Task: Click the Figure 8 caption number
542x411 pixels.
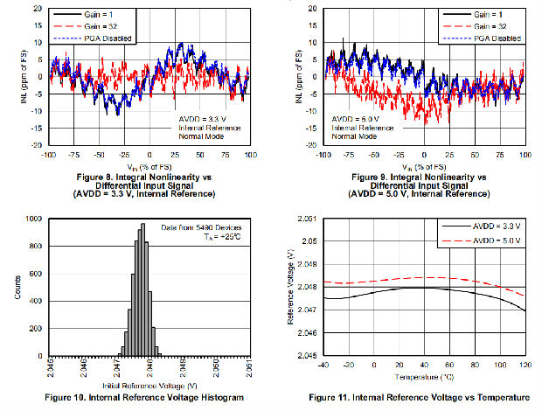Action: coord(84,175)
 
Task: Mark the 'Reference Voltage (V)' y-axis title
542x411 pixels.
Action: coord(290,289)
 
